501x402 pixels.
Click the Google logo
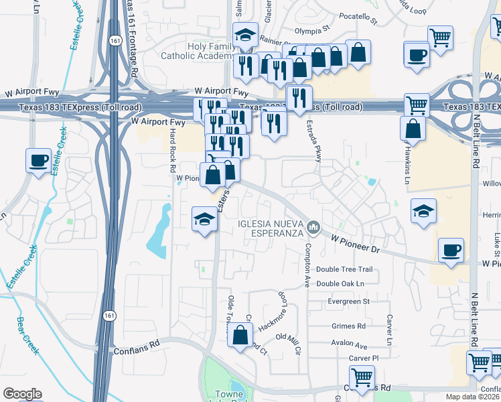[22, 394]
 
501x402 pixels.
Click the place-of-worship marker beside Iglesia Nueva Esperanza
[313, 230]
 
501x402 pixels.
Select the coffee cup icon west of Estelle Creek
[38, 160]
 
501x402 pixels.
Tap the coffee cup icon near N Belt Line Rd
[451, 251]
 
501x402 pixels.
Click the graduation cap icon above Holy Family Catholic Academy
[245, 35]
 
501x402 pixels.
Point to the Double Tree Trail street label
[344, 269]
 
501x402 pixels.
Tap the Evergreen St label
[349, 301]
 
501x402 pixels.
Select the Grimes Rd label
[349, 326]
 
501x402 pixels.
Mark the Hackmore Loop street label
[273, 312]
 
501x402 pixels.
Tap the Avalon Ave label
[349, 346]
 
